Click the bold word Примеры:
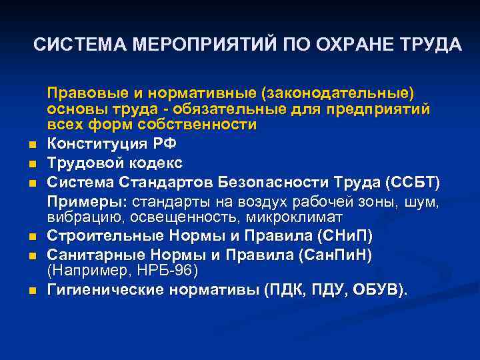[x=87, y=201]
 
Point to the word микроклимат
[x=294, y=217]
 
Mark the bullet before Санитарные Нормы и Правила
[x=32, y=255]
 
